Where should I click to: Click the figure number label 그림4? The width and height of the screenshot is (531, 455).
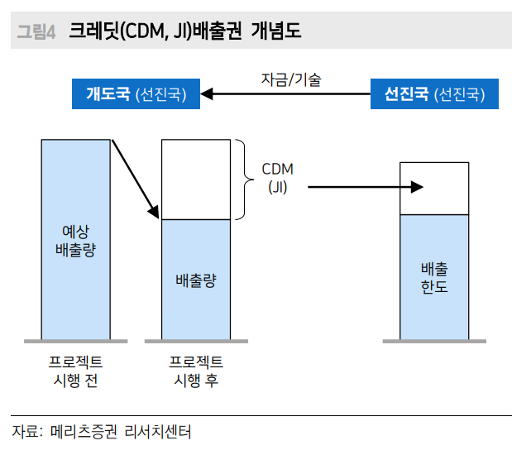coord(36,32)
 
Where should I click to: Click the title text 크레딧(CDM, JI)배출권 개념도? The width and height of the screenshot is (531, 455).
coord(184,32)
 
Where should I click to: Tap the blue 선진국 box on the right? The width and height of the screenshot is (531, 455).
coord(434,94)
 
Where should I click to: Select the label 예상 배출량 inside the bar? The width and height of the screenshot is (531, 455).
coord(75,239)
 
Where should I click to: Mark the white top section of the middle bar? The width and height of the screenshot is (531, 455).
coord(196,180)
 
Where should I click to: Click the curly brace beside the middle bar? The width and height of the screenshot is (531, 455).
coord(243,180)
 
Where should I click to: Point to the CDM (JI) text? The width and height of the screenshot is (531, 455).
coord(278,178)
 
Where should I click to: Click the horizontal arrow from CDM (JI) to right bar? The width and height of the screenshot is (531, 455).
coord(364,187)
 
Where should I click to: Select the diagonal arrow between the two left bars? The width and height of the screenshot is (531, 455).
coord(135,179)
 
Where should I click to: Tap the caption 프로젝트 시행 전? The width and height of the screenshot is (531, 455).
coord(75,371)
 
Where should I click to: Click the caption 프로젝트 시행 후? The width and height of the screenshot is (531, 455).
coord(196,371)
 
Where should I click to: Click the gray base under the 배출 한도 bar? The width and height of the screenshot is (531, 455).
coord(434,340)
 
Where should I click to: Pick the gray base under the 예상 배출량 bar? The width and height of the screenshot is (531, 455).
coord(75,340)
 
